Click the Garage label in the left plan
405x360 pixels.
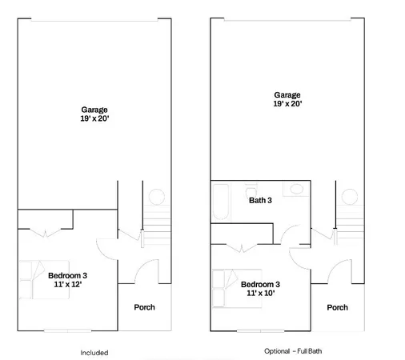click(x=94, y=110)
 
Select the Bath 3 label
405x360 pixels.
click(x=261, y=200)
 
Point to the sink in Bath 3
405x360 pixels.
click(x=295, y=190)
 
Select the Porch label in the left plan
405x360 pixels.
click(x=144, y=307)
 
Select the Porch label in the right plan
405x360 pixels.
click(x=338, y=307)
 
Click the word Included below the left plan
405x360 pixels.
click(x=94, y=352)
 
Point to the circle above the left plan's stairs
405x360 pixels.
click(x=156, y=196)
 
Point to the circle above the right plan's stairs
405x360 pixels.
click(x=350, y=196)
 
